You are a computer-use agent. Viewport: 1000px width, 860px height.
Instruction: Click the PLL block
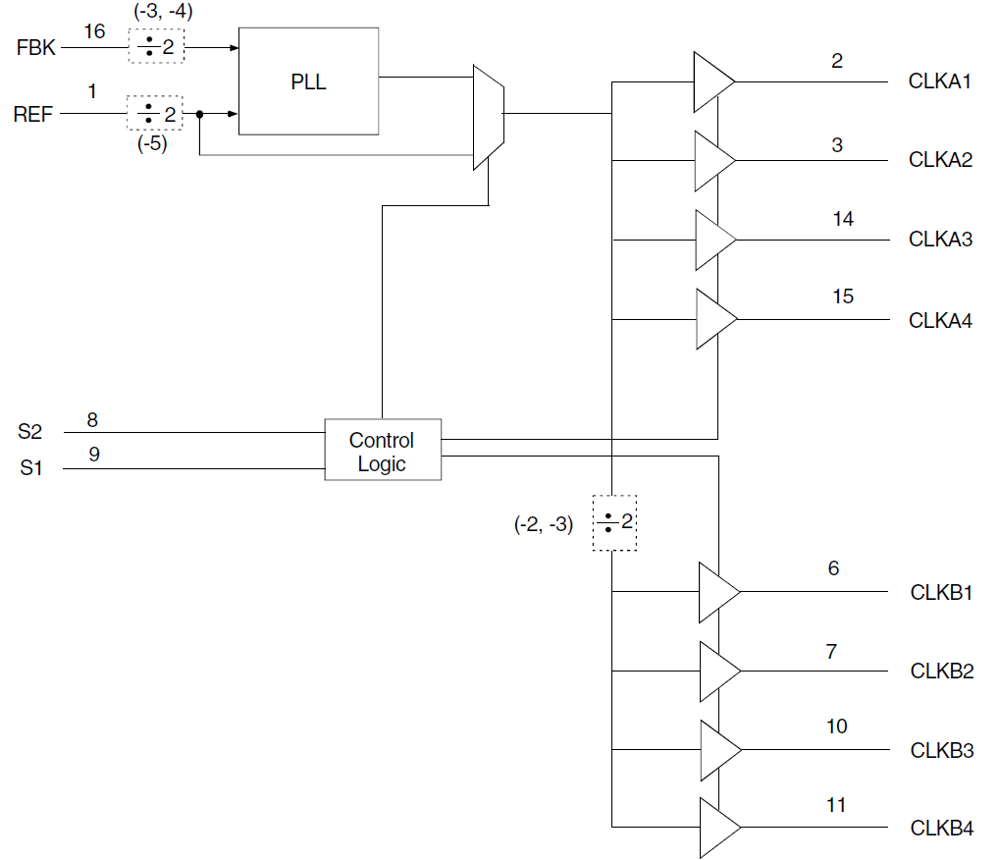[308, 81]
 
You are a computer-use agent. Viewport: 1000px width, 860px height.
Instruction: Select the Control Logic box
[383, 451]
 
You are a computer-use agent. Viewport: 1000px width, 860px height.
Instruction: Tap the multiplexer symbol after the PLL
[488, 117]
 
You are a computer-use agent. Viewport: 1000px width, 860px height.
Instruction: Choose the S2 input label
[31, 431]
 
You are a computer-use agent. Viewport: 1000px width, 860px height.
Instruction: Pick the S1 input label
[31, 469]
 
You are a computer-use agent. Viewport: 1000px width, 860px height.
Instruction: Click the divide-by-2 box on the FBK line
[156, 45]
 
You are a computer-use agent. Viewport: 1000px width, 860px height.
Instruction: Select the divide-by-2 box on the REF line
[156, 114]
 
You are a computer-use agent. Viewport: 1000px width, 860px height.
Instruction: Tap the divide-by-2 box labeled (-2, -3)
[613, 522]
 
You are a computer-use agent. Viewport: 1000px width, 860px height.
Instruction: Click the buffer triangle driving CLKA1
[711, 81]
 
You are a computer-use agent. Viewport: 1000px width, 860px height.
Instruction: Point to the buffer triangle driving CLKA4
[713, 319]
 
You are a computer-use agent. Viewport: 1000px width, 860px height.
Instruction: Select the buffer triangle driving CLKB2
[717, 672]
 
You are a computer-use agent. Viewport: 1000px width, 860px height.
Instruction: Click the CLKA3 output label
[939, 240]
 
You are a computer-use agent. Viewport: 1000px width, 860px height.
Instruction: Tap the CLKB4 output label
[941, 829]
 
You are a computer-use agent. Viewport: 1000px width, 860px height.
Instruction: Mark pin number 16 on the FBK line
[94, 31]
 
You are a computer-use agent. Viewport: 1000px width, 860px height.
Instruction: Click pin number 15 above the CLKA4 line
[842, 296]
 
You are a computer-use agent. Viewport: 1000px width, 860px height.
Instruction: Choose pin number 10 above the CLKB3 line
[836, 726]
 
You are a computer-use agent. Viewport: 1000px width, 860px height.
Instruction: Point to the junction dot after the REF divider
[199, 115]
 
